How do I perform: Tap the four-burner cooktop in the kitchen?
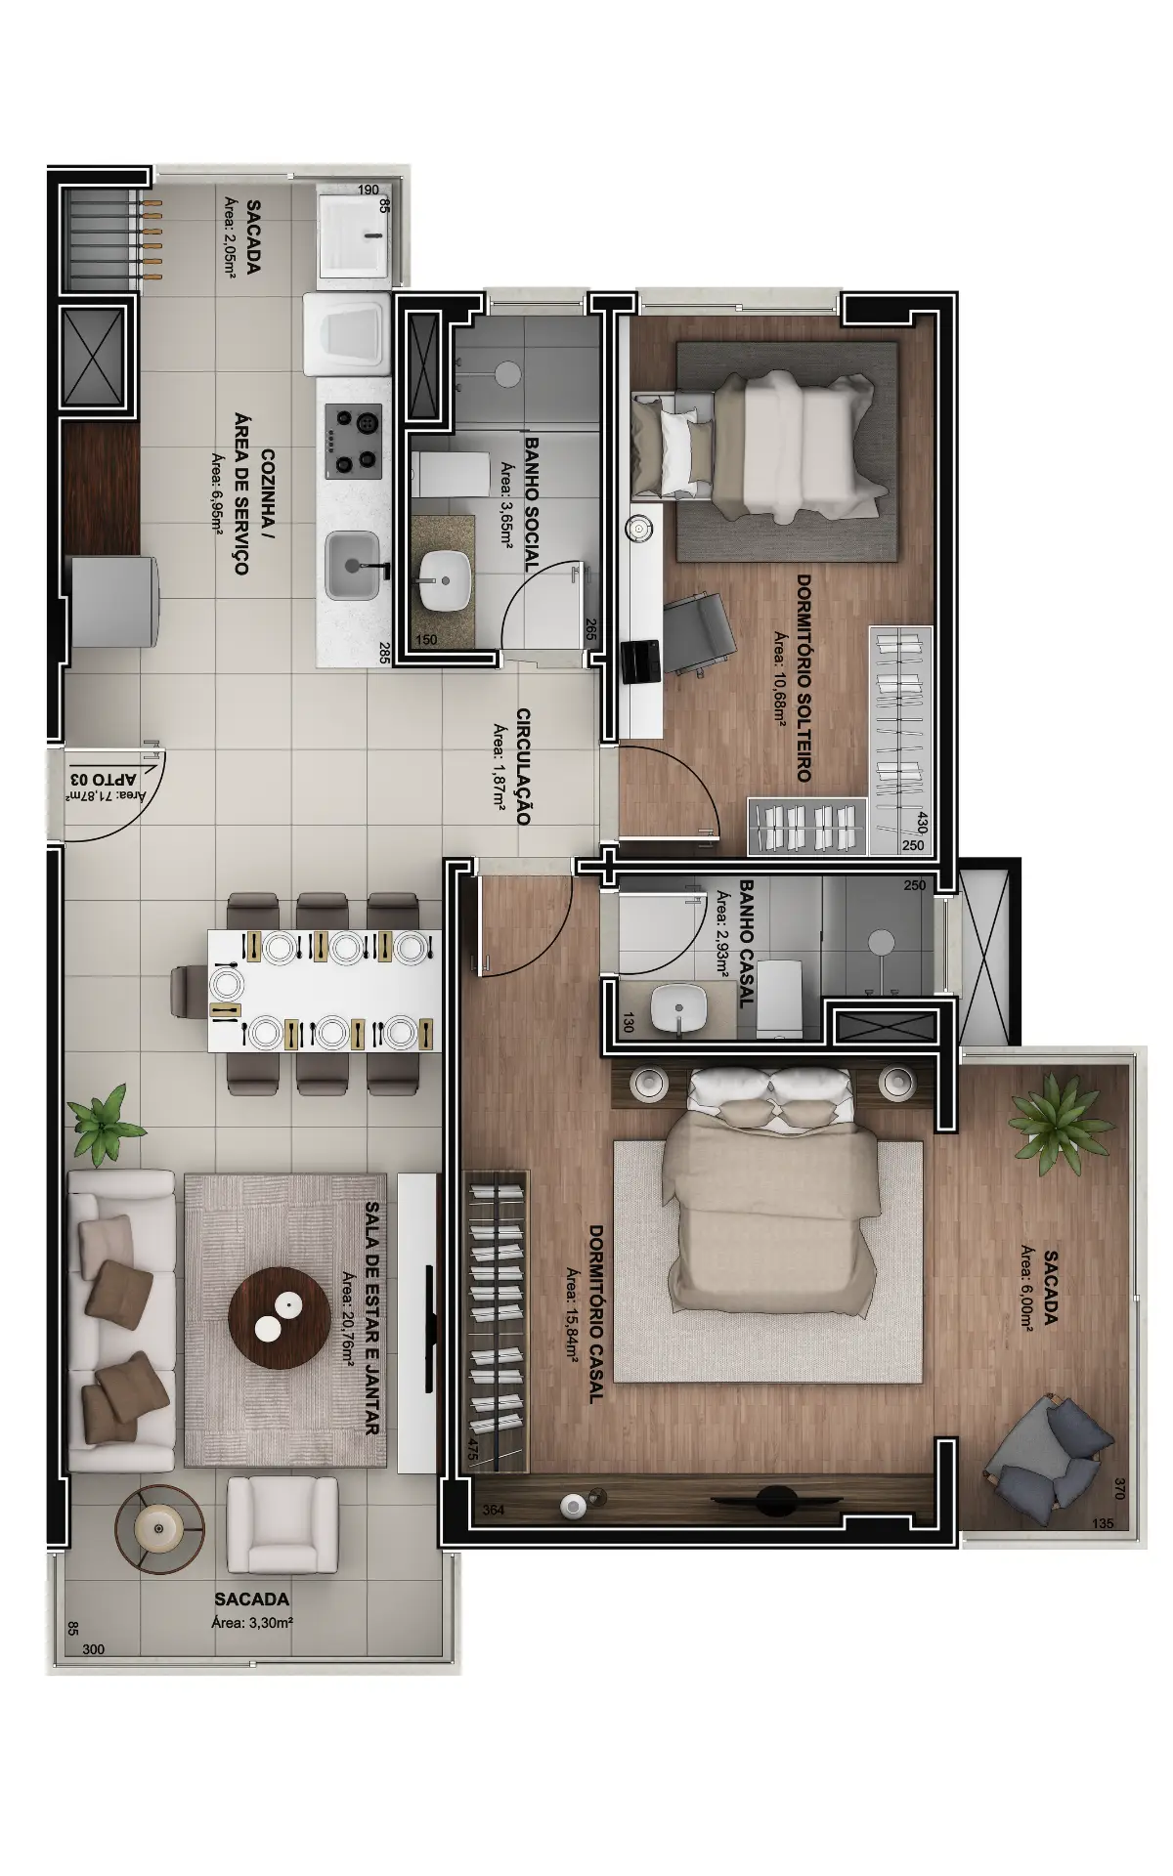coord(354,441)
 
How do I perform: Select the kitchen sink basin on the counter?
coord(353,566)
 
